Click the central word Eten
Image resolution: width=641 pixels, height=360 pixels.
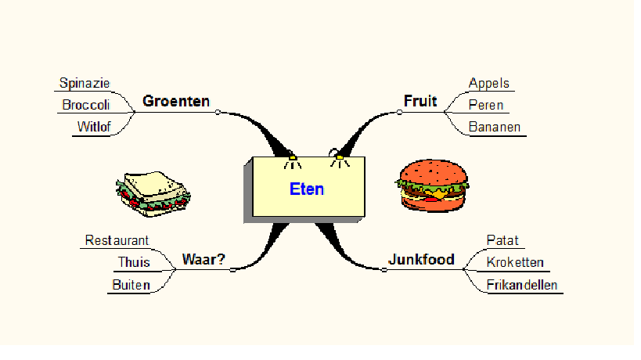306,189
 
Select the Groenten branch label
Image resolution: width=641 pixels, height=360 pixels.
176,101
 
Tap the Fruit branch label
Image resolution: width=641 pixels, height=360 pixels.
420,101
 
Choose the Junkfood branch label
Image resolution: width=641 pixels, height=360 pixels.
421,259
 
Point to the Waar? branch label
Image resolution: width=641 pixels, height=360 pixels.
203,259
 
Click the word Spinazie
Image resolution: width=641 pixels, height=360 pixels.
85,83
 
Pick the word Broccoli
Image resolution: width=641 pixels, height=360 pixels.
86,105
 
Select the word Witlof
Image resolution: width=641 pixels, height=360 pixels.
93,127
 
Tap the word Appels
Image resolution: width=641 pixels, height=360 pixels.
488,83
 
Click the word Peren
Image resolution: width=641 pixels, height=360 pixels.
485,105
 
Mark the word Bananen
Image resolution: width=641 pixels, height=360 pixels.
494,127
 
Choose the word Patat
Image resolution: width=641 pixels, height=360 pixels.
502,240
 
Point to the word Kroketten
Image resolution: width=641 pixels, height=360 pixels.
514,262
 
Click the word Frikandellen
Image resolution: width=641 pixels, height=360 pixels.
521,284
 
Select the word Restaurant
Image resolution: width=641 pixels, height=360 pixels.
117,240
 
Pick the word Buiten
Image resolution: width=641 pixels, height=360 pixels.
131,284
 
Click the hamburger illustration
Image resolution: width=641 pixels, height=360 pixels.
432,185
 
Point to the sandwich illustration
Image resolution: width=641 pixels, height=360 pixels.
153,190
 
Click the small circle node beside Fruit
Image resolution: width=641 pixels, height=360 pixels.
399,112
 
